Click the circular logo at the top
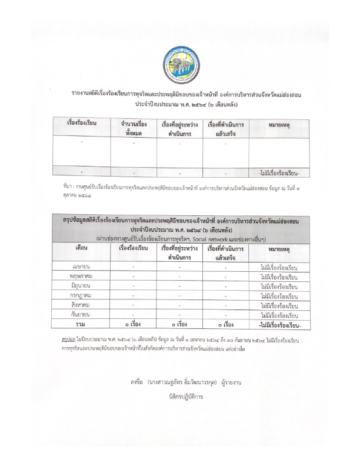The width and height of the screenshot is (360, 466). coord(180,65)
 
